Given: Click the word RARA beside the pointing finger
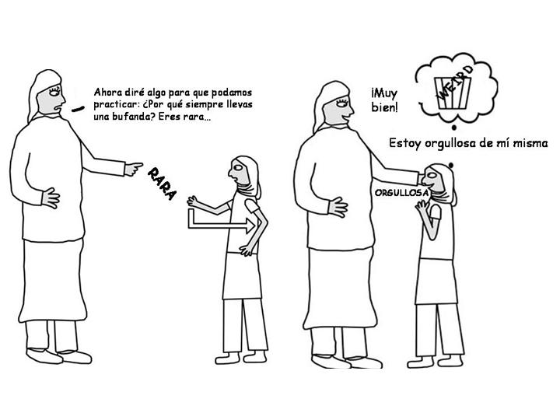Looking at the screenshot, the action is [162, 184].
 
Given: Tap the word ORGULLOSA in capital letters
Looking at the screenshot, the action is [401, 193].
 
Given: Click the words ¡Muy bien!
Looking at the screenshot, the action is [384, 100].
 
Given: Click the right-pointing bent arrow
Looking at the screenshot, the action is [222, 226].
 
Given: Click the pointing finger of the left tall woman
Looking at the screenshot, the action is [135, 168].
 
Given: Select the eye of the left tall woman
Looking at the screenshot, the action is [54, 92].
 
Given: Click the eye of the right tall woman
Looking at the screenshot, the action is [341, 103].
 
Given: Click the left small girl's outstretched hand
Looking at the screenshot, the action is [194, 201].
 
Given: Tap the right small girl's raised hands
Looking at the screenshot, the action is [422, 206].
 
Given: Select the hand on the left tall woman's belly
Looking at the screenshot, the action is [51, 198].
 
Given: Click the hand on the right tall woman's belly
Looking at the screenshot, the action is [338, 207].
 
